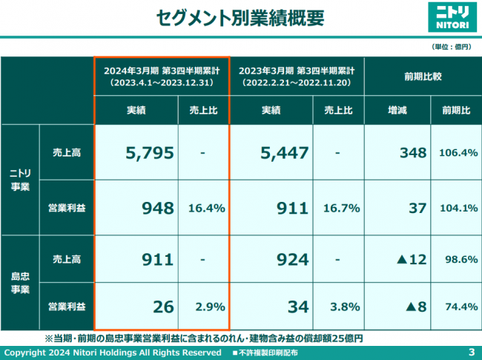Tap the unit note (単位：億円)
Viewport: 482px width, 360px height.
pyautogui.click(x=452, y=46)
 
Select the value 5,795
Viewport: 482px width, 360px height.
pyautogui.click(x=150, y=153)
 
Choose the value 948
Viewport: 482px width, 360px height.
pyautogui.click(x=159, y=208)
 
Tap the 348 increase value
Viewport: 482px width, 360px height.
pyautogui.click(x=412, y=153)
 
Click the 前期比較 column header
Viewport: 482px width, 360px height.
pyautogui.click(x=423, y=76)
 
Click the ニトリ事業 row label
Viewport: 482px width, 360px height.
pyautogui.click(x=21, y=180)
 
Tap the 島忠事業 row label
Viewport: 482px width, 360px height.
pyautogui.click(x=21, y=281)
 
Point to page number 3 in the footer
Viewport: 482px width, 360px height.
pyautogui.click(x=472, y=351)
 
